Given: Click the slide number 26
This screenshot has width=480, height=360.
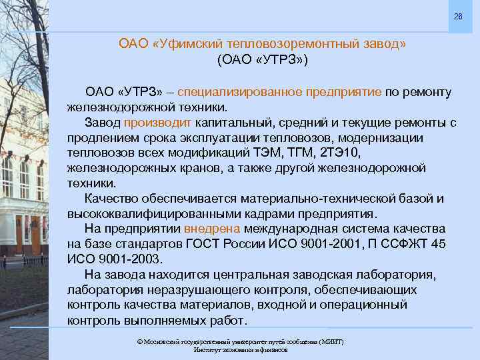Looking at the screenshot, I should tap(458, 16).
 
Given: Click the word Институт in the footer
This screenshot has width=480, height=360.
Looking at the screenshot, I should tap(206, 349).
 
